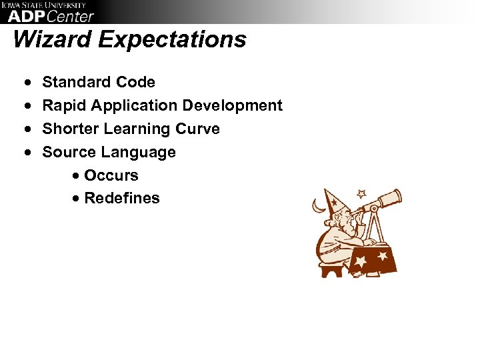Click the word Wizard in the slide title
click(x=53, y=39)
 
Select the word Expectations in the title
click(x=173, y=39)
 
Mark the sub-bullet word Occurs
click(x=111, y=175)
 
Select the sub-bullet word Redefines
click(x=122, y=199)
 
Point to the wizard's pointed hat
click(x=333, y=199)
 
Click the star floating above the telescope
click(x=361, y=194)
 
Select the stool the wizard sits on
click(x=331, y=269)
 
